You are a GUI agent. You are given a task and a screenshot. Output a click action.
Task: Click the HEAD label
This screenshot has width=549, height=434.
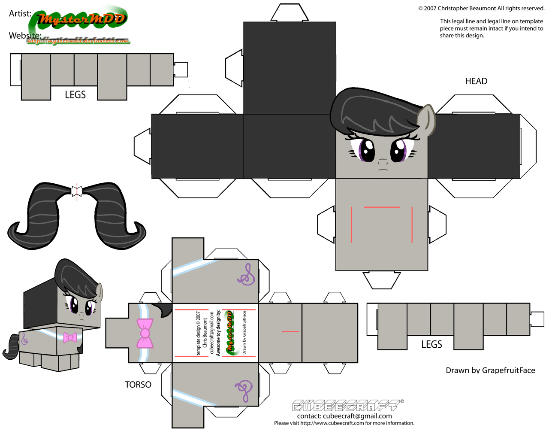tap(476, 81)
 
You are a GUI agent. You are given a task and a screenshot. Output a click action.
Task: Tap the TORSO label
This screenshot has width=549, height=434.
tap(138, 385)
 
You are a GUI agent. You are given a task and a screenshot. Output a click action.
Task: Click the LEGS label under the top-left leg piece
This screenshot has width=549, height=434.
tap(75, 95)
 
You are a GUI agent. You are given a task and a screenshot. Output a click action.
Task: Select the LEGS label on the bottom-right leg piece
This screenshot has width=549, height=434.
tap(431, 344)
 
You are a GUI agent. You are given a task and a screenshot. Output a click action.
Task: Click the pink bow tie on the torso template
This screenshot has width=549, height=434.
tap(145, 333)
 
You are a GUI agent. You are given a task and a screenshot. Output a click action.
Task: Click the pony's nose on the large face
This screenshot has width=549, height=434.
tap(383, 162)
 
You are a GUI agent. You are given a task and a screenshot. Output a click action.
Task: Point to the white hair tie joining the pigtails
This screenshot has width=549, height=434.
tap(77, 191)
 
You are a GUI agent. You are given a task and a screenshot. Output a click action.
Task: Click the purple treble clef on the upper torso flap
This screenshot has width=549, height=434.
tap(247, 275)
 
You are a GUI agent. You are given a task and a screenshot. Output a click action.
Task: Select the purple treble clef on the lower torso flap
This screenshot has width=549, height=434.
tap(243, 390)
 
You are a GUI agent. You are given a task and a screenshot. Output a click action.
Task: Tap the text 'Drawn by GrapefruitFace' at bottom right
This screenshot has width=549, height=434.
tap(490, 370)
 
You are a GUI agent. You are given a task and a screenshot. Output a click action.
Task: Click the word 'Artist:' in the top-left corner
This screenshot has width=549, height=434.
tap(20, 14)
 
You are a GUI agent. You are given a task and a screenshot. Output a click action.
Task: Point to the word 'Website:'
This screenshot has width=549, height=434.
tap(25, 35)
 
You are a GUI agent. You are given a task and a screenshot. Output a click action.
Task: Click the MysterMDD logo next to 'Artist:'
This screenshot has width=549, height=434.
tap(81, 19)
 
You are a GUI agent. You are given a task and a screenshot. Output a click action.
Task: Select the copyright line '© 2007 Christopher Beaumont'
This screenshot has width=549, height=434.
tap(481, 8)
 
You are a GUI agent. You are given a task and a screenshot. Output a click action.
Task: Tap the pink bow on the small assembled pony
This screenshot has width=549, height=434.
tap(69, 337)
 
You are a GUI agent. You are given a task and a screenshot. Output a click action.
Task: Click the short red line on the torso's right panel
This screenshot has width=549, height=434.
tap(290, 331)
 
